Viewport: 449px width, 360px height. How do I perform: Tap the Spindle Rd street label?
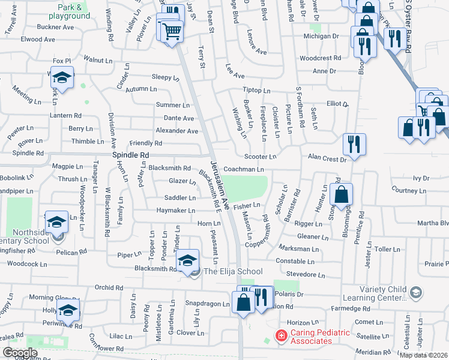tap(130, 155)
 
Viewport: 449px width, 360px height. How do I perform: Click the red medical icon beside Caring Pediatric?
tap(280, 335)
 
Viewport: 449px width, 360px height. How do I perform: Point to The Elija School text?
tap(233, 272)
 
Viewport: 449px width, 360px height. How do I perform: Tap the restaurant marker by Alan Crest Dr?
tap(354, 145)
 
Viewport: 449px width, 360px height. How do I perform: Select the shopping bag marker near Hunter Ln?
tap(341, 194)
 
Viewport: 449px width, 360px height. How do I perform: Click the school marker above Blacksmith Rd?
tap(188, 260)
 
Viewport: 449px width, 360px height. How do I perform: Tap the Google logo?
tap(20, 353)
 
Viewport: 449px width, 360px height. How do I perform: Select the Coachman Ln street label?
tap(244, 170)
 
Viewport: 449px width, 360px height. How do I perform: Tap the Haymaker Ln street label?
tap(176, 211)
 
